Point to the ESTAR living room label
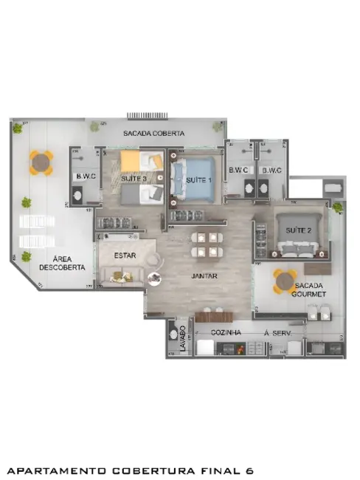point(125,255)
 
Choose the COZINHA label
point(226,334)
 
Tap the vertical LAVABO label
point(183,337)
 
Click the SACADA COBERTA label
point(153,133)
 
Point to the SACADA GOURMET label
point(309,290)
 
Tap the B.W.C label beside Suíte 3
point(83,176)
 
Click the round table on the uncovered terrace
point(41,162)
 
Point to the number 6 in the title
point(251,470)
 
